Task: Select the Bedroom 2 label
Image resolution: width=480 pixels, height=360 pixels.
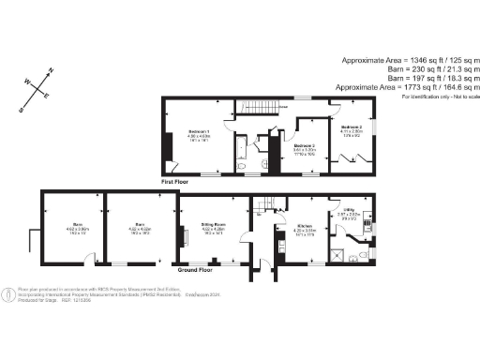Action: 352,127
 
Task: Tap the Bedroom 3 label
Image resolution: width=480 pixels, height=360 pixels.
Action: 304,147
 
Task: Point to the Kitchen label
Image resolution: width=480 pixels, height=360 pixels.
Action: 304,227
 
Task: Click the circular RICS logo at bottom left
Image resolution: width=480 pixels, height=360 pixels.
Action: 11,292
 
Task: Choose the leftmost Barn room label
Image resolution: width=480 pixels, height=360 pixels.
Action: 76,225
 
